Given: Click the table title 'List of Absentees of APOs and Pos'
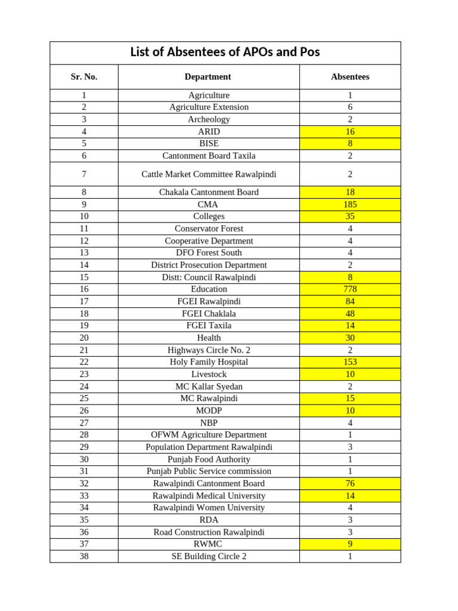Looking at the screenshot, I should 225,53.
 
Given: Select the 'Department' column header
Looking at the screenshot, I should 208,77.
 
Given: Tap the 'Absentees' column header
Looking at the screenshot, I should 350,77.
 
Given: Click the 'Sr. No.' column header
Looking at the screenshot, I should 84,77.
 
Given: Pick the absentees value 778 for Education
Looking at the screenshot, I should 350,289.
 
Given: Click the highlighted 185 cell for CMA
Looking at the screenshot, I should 350,204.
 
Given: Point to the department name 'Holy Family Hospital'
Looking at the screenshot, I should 209,362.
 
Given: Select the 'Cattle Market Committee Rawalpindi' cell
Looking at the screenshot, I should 209,174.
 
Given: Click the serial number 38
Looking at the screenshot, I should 84,556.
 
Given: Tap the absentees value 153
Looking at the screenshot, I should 350,362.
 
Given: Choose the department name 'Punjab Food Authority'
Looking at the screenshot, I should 209,459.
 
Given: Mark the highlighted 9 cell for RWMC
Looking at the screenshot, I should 350,544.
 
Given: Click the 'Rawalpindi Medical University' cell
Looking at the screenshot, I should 209,496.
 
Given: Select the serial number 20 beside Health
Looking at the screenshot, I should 84,338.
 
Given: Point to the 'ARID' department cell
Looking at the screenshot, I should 209,131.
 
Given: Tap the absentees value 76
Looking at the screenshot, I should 350,483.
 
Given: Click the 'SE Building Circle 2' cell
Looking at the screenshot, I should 209,556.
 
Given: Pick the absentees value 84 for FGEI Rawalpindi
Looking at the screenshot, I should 350,301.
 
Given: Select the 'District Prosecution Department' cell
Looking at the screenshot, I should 209,265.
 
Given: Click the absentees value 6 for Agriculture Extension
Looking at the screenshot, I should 350,107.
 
